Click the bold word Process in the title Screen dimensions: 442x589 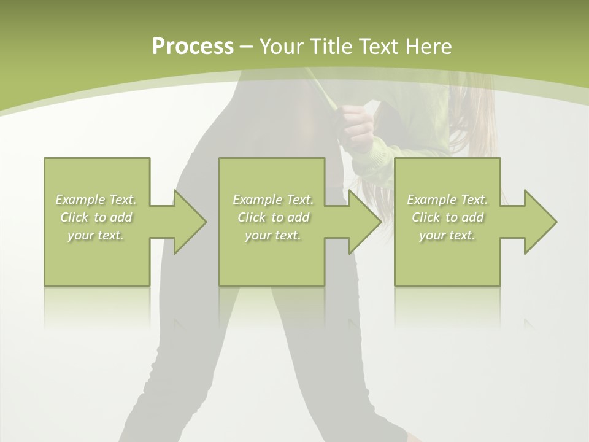(x=193, y=47)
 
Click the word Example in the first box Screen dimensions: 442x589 (x=80, y=200)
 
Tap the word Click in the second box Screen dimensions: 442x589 (x=252, y=217)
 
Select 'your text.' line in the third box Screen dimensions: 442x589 (x=447, y=235)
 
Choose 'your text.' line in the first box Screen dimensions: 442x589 (x=96, y=235)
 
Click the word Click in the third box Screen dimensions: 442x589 (x=426, y=217)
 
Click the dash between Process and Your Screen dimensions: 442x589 (x=247, y=47)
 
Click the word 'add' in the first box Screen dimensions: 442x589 (x=121, y=217)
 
